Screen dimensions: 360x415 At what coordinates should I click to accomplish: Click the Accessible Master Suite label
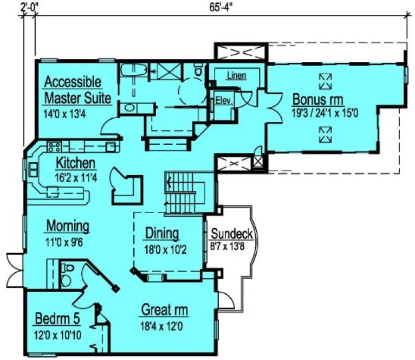[77, 91]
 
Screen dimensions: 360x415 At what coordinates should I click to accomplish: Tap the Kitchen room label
[76, 163]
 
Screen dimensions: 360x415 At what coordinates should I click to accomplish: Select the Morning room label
[68, 226]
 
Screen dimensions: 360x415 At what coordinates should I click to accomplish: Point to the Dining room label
[161, 233]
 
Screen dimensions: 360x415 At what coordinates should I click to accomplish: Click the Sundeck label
[231, 234]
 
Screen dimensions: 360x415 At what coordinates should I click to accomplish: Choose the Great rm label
[165, 310]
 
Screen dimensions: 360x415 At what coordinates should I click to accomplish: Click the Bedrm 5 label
[57, 318]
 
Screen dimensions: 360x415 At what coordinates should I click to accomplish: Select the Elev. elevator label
[223, 100]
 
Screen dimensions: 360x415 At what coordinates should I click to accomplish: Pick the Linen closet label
[236, 76]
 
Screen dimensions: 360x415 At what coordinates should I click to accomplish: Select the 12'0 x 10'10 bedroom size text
[58, 335]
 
